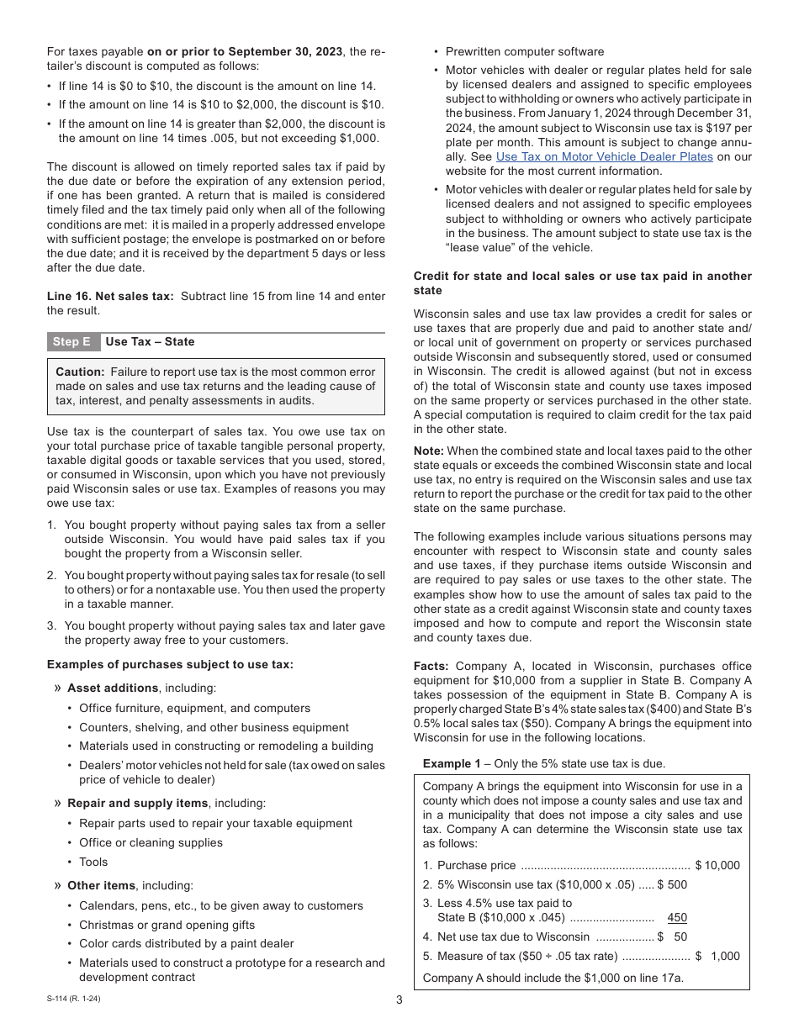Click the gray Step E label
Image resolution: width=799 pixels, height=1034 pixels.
click(x=71, y=342)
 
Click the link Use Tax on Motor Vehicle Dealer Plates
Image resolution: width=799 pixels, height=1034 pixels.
click(x=604, y=156)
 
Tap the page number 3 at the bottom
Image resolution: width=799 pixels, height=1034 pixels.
click(x=399, y=1000)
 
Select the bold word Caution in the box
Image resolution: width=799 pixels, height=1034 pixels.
click(x=80, y=372)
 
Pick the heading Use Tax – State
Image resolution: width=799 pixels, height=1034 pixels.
click(x=150, y=342)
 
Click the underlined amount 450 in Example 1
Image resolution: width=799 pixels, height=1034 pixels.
click(x=676, y=918)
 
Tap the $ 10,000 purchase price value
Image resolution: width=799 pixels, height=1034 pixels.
click(x=717, y=865)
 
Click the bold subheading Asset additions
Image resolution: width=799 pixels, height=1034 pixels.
click(x=113, y=688)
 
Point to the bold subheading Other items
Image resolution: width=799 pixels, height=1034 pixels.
click(x=101, y=885)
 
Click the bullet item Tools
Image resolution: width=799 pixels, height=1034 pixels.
click(x=93, y=862)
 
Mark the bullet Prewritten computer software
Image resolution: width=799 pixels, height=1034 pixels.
click(x=525, y=51)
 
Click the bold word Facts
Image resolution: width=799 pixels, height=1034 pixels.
click(x=431, y=666)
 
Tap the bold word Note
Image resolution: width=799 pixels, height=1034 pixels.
click(x=428, y=451)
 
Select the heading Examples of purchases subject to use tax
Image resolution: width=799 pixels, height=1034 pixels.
click(x=170, y=664)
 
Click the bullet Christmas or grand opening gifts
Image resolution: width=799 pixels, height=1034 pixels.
click(x=167, y=925)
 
